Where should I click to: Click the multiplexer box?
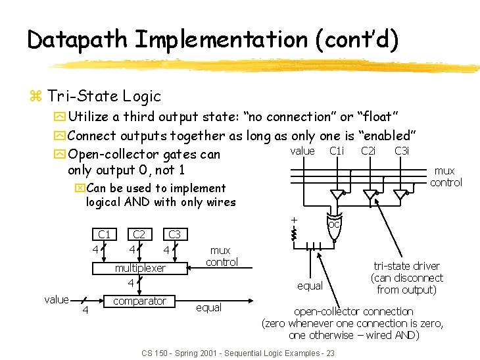[x=140, y=268]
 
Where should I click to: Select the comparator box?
[x=139, y=301]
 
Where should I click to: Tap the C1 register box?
[x=104, y=234]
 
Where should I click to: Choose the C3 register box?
[x=174, y=234]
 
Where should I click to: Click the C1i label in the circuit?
[x=337, y=151]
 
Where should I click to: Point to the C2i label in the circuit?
[x=369, y=151]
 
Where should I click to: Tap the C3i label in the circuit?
[x=402, y=151]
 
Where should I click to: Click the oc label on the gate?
[x=333, y=224]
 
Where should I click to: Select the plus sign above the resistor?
[x=295, y=219]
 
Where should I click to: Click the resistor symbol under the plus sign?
[x=295, y=233]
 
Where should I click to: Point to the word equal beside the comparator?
[x=208, y=307]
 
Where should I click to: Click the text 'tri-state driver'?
[x=406, y=266]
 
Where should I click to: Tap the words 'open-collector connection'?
[x=353, y=311]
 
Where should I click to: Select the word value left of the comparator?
[x=56, y=299]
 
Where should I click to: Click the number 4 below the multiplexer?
[x=131, y=283]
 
